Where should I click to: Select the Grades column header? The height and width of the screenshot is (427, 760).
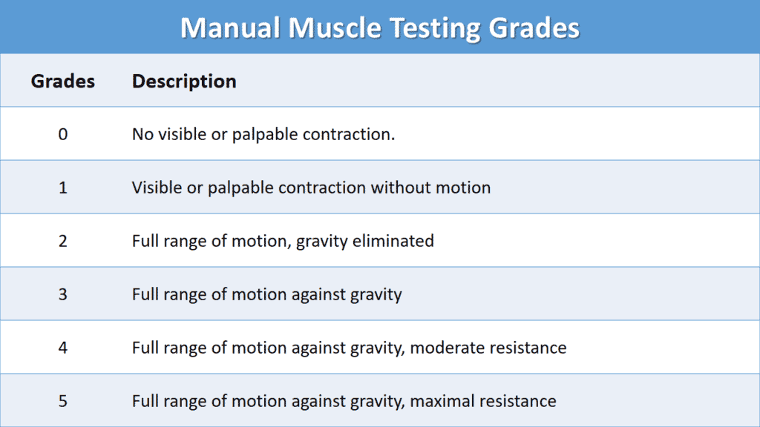coord(63,82)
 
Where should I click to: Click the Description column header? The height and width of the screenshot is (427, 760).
coord(184,82)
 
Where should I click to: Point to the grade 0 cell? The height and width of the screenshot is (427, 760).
coord(63,134)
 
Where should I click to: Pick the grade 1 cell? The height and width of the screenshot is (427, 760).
coord(63,188)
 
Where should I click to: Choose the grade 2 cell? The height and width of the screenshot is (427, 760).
coord(63,241)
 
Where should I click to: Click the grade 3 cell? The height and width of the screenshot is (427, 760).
coord(63,294)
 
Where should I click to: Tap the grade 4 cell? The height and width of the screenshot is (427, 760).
coord(63,348)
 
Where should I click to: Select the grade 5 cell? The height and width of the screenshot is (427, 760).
coord(63,401)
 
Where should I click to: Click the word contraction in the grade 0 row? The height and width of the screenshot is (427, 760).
coord(349,134)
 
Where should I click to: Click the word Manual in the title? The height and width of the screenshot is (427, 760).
coord(230,27)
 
